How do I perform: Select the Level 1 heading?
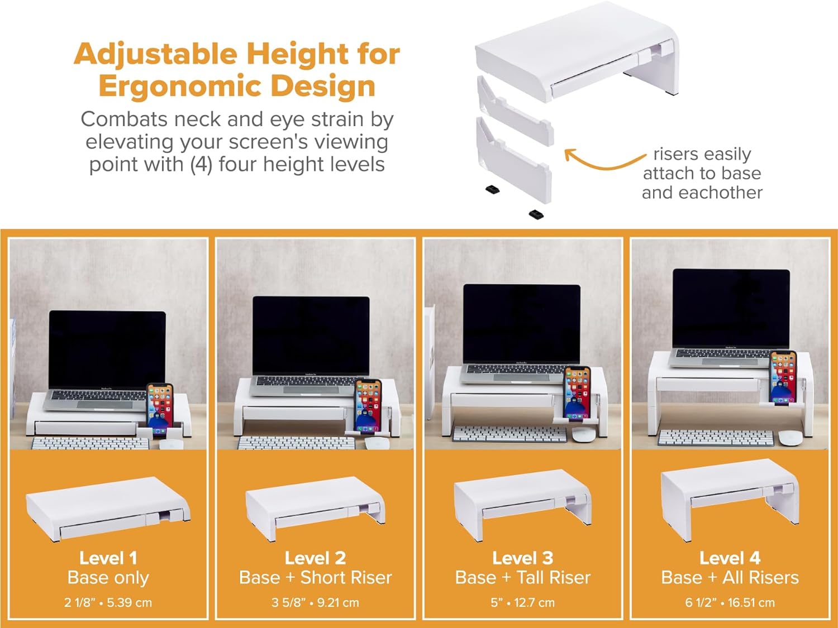tap(108, 558)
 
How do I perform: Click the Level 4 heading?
tap(730, 558)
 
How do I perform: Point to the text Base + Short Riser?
tap(315, 578)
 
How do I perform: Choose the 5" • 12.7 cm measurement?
tap(523, 602)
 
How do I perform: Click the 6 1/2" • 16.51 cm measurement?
tap(730, 602)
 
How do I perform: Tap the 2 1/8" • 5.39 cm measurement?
tap(108, 602)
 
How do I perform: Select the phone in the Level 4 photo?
tap(783, 377)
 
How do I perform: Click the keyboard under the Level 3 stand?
tap(510, 434)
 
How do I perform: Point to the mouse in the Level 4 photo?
tap(790, 438)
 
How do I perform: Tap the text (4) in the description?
tap(201, 165)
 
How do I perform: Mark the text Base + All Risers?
tap(730, 578)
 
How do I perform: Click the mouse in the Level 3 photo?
tap(583, 435)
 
